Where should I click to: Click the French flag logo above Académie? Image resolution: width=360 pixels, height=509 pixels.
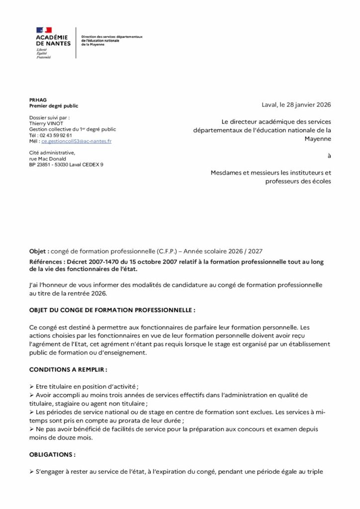44,30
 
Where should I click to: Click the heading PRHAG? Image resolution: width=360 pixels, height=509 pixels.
38,100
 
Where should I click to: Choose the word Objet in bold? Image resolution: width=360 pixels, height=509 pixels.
39,253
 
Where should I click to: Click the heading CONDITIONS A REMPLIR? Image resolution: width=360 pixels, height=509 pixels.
68,370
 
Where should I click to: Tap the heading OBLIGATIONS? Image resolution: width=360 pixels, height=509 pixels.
52,454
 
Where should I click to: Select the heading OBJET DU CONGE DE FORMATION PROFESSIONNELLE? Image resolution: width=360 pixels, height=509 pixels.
112,310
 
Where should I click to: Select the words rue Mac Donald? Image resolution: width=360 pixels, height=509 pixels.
48,159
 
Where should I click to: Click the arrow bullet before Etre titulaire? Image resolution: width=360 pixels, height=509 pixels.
32,386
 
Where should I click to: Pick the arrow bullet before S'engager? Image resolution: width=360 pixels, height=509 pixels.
32,471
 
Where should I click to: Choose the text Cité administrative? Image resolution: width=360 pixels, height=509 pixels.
52,153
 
